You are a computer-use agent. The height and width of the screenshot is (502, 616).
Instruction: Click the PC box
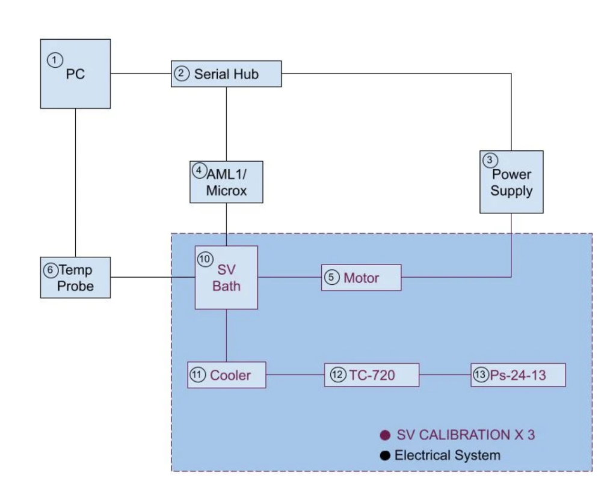75,73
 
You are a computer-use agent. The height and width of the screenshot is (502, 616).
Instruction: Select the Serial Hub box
226,74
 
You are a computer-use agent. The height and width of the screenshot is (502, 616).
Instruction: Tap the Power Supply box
511,182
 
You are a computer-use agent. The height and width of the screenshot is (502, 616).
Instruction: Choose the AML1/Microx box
226,182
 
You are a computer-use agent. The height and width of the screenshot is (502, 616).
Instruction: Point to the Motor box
361,277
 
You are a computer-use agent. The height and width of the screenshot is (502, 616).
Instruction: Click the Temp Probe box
76,277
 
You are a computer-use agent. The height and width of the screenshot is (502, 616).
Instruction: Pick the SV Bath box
226,277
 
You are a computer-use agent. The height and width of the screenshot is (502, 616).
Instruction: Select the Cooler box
226,375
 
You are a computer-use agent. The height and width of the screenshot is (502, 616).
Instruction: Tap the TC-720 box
371,375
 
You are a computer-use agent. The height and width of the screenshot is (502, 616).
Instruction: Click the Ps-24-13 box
518,375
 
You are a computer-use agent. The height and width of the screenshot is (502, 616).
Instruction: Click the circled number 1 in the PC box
55,60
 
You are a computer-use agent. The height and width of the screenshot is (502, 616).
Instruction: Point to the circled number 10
205,259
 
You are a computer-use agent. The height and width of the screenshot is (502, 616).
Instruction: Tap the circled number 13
479,375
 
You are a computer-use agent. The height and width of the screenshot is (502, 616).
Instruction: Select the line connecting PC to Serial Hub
141,74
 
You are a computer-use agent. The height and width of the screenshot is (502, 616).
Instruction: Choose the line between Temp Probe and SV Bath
153,277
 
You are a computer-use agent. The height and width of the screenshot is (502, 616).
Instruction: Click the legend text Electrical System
447,456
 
